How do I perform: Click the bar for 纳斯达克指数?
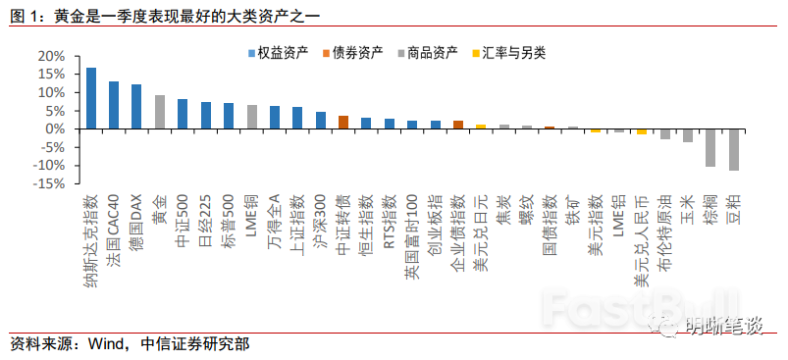pyautogui.click(x=91, y=98)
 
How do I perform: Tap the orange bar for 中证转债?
pyautogui.click(x=343, y=123)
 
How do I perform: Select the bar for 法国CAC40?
pyautogui.click(x=114, y=105)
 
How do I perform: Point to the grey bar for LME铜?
pyautogui.click(x=252, y=117)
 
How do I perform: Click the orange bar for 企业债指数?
pyautogui.click(x=458, y=125)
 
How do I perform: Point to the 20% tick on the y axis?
pyautogui.click(x=51, y=56)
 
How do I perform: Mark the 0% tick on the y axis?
pyautogui.click(x=55, y=129)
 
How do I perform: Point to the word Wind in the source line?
pyautogui.click(x=106, y=343)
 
